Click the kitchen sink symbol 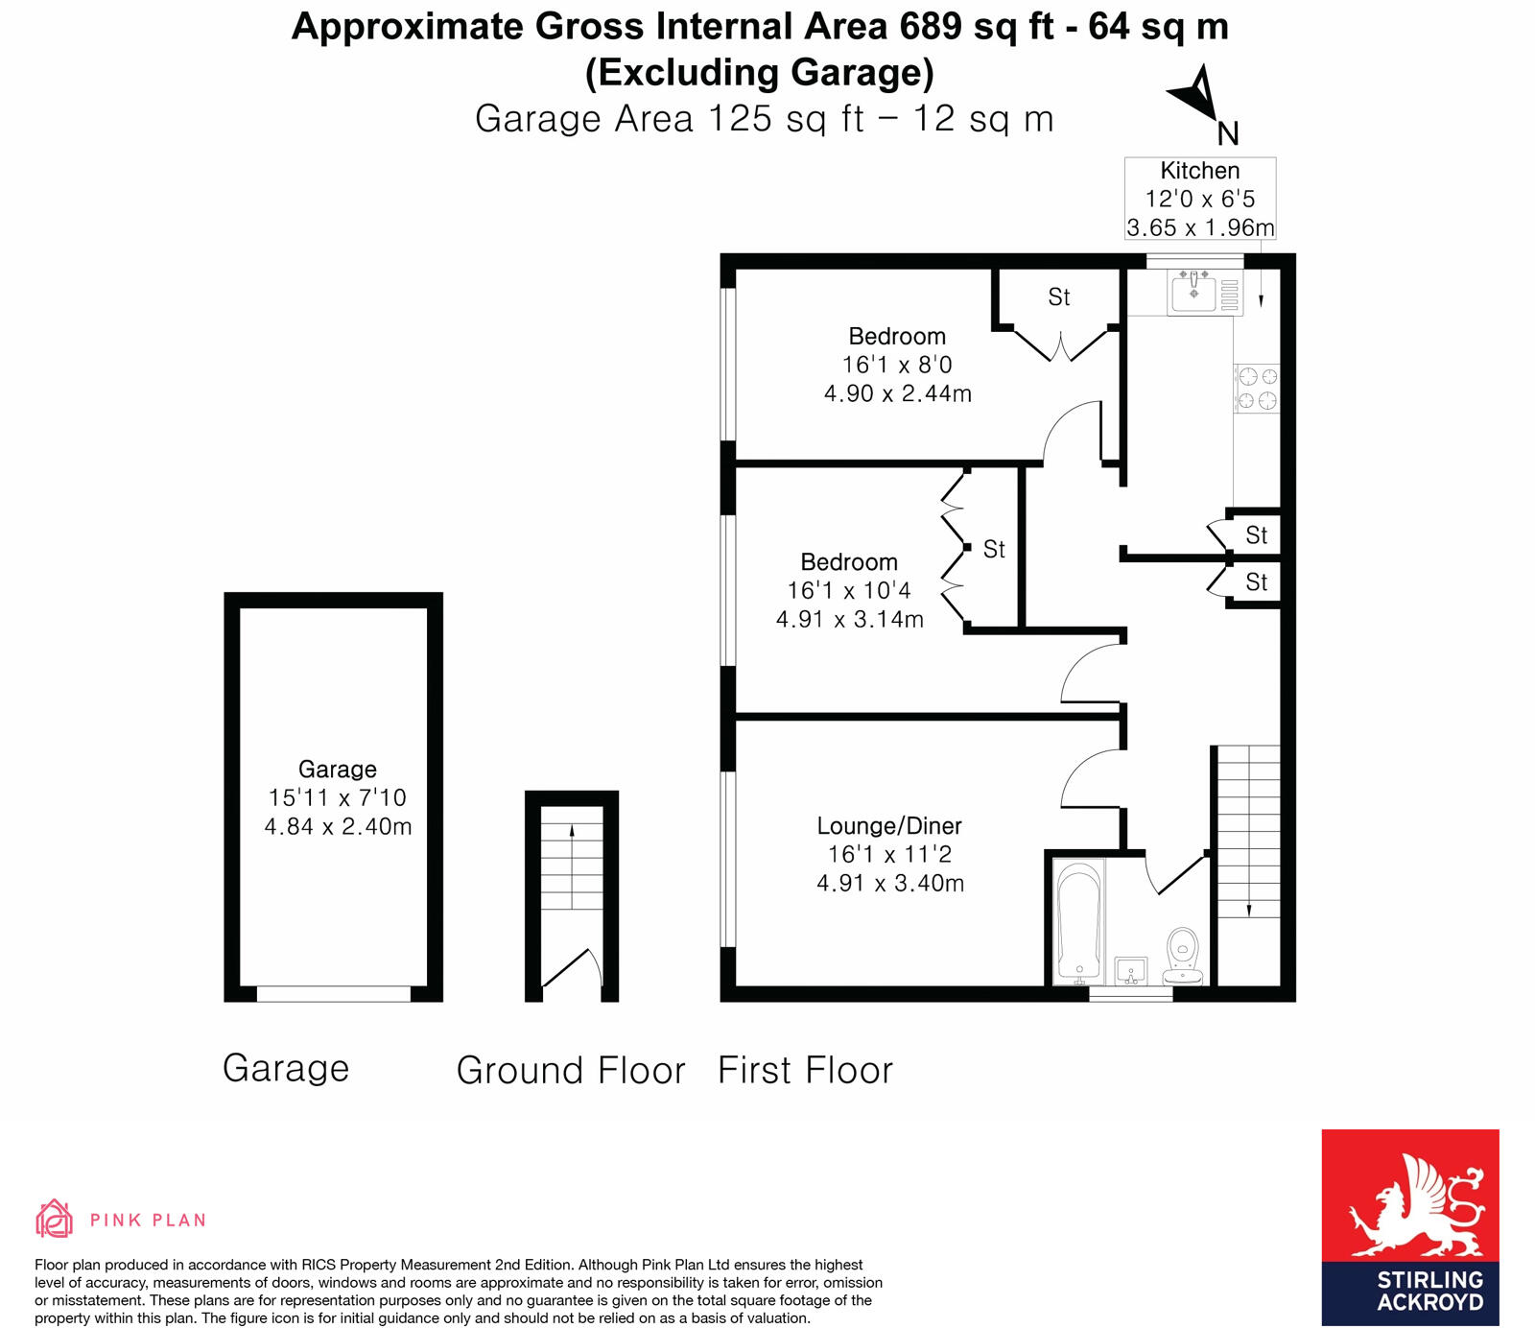(x=1194, y=290)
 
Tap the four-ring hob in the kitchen (x=1256, y=388)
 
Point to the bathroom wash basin (x=1131, y=970)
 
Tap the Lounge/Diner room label (x=888, y=825)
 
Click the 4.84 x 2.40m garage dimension (x=338, y=826)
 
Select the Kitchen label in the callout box (x=1199, y=171)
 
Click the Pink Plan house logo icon (x=54, y=1219)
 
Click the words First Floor (x=805, y=1070)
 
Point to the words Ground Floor (x=571, y=1070)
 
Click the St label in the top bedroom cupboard (x=1058, y=297)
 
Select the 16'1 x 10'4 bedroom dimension (x=849, y=590)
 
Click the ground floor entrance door (x=572, y=969)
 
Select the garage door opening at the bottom (x=333, y=994)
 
